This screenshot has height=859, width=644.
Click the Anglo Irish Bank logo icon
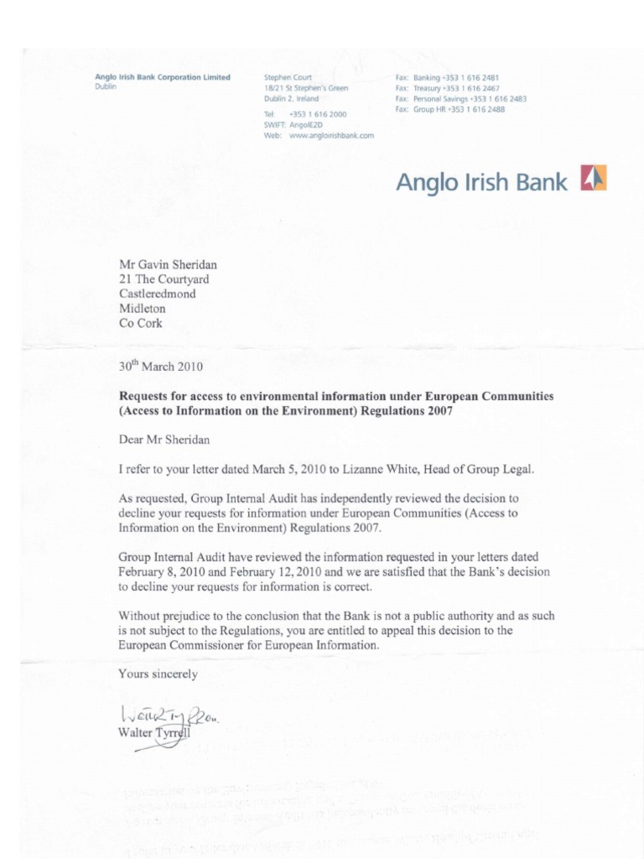coord(594,179)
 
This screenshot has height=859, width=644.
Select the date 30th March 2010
coord(160,366)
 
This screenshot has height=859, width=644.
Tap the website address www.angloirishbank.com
coord(330,135)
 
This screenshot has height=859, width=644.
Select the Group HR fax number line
coord(449,109)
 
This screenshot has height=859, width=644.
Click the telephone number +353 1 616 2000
coord(317,113)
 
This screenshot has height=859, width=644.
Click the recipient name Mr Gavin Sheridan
coord(168,264)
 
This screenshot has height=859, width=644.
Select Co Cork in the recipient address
coord(141,323)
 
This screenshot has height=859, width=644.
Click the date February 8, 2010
coord(169,571)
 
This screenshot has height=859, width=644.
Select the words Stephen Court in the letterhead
coord(288,77)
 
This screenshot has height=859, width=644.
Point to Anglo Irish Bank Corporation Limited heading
coord(163,77)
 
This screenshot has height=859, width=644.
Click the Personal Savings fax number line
coord(460,98)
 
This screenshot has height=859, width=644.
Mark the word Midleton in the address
coord(143,309)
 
